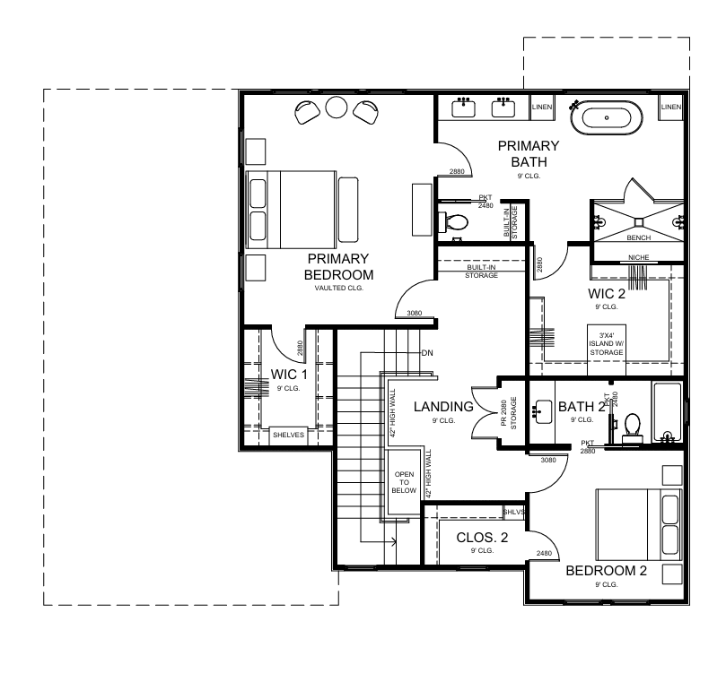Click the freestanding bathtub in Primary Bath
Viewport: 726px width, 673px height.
coord(607,118)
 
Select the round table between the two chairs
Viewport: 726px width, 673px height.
coord(337,108)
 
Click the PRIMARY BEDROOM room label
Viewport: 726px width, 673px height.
coord(338,267)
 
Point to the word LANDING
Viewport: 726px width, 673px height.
coord(443,407)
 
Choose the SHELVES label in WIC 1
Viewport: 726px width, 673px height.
coord(288,435)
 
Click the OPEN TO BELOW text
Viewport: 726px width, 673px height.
coord(404,482)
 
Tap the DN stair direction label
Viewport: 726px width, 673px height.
coord(427,353)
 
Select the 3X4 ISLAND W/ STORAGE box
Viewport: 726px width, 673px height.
coord(607,349)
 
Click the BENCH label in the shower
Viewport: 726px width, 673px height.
coord(638,237)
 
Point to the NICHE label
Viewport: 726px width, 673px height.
coord(638,257)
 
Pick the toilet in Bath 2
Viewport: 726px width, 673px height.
coord(632,426)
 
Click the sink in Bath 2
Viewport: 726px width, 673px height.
coord(543,411)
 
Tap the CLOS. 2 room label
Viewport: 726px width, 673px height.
coord(482,538)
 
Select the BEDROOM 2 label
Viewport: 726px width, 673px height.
coord(606,571)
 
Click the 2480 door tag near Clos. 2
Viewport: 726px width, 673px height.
coord(544,553)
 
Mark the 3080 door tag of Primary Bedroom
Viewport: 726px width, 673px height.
coord(415,313)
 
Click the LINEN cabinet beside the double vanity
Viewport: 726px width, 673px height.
coord(542,108)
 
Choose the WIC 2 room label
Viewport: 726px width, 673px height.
coord(607,294)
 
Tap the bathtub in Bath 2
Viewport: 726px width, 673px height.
coord(667,411)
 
